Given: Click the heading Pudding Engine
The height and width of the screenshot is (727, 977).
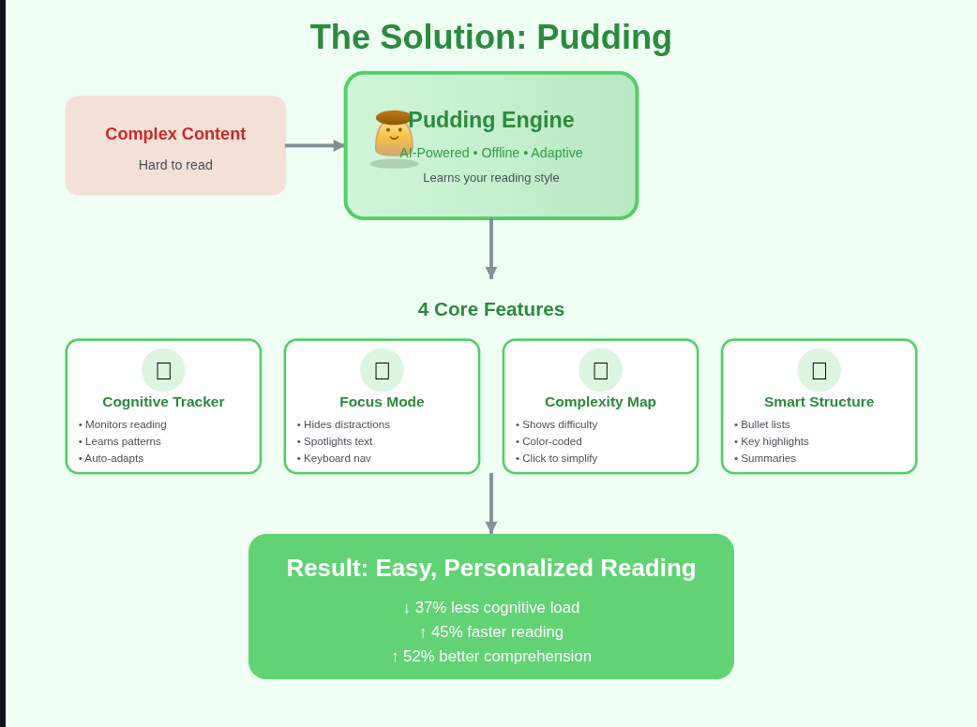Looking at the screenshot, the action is (x=491, y=120).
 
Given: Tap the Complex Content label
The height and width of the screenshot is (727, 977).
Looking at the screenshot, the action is (x=175, y=134).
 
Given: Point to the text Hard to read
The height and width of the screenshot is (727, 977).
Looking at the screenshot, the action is (x=175, y=165).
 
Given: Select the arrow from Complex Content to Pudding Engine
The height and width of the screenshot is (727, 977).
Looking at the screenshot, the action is (x=315, y=145).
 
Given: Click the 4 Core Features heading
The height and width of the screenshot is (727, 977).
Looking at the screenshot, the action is (x=491, y=309).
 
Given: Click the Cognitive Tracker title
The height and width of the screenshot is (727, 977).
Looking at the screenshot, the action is (x=163, y=402).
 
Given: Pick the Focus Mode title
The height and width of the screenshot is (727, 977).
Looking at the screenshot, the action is (x=382, y=402).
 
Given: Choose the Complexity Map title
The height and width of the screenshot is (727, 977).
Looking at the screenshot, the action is (x=601, y=402).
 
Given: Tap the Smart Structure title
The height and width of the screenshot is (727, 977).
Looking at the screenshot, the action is (x=819, y=402).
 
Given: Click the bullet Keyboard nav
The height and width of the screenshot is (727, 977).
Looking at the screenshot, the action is (x=334, y=458).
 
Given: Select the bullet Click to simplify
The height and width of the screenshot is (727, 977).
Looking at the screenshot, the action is (x=556, y=458).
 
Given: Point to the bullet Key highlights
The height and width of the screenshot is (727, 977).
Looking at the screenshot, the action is (x=772, y=441).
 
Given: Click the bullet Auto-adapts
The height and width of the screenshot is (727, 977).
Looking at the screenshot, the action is (x=111, y=458).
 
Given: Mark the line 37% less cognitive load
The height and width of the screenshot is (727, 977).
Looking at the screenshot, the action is (x=491, y=607).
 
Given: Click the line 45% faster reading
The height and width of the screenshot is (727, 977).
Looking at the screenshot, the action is (x=491, y=631).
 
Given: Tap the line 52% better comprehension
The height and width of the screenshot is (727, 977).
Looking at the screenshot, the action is (x=491, y=656).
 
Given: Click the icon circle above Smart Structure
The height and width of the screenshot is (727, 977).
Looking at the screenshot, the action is (x=819, y=370).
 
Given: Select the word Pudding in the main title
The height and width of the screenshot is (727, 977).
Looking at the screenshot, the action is (x=604, y=37).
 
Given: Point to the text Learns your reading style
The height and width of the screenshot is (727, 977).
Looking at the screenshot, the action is (x=491, y=178).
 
